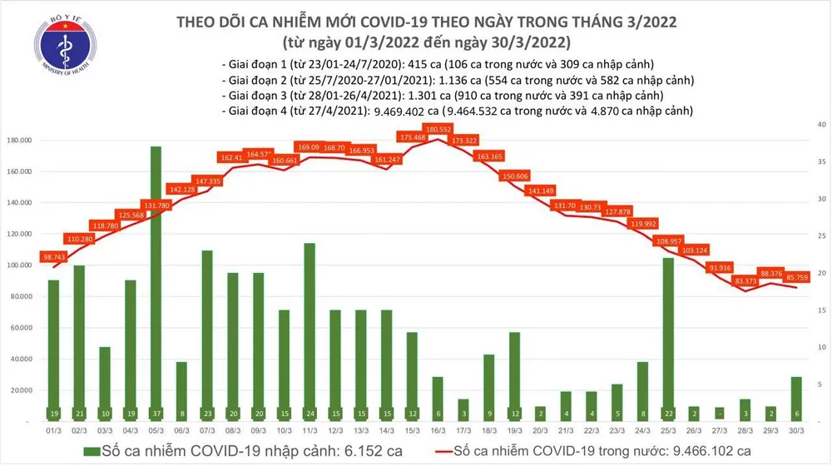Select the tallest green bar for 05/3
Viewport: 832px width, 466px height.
click(156, 275)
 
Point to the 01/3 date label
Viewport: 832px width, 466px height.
click(53, 429)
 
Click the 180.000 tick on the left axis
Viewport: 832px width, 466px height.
click(20, 141)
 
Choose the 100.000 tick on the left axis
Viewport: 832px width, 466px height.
click(20, 265)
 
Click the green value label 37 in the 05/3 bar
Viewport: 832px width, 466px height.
click(156, 413)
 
